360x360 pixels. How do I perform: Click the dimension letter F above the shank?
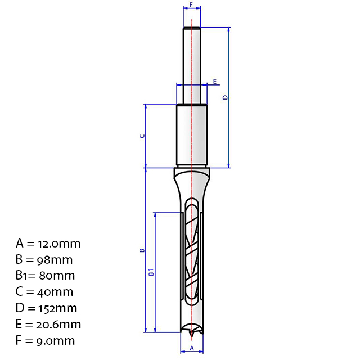pos(191,4)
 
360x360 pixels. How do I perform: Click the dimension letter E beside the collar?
pos(215,82)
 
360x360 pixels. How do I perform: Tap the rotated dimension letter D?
pos(226,97)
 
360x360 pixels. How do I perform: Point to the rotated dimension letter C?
pos(142,136)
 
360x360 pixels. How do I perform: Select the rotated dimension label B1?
pos(151,272)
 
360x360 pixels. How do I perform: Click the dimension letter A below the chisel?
pos(192,348)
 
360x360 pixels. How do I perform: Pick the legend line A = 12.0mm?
pos(48,244)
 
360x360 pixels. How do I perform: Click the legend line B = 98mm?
pos(44,260)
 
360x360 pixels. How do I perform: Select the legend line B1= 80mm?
pos(45,276)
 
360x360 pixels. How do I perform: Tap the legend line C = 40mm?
pos(44,292)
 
